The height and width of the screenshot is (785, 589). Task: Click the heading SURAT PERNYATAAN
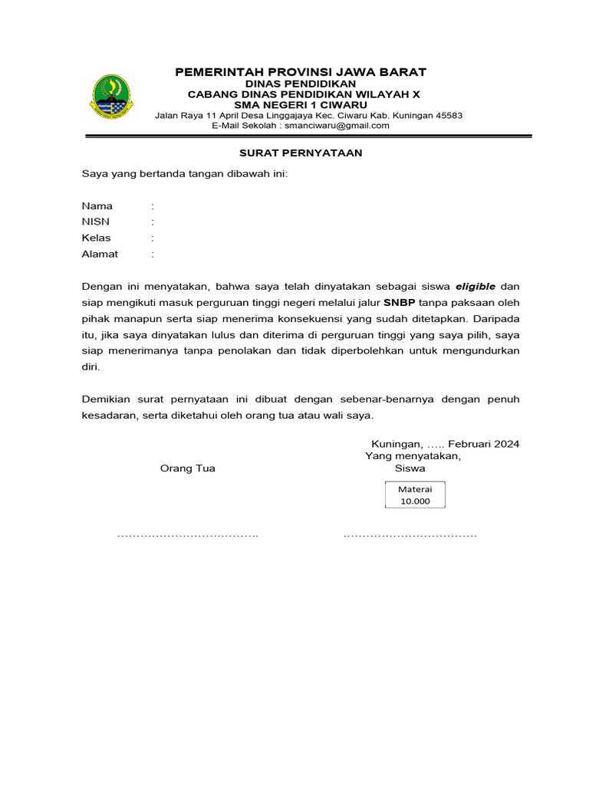coord(301,153)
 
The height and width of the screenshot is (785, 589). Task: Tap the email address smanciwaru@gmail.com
coord(337,126)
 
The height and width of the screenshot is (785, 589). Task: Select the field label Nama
coord(97,206)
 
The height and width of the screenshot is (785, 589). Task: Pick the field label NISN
coord(96,222)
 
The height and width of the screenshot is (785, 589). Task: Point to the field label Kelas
coord(97,238)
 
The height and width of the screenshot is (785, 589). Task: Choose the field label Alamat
coord(100,255)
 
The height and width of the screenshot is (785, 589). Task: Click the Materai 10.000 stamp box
coord(415,495)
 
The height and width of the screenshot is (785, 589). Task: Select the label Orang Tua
coord(187,468)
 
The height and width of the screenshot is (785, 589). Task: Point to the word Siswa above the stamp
coord(410,468)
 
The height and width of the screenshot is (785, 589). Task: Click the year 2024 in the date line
coord(506,444)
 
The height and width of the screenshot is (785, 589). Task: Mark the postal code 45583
coord(446,116)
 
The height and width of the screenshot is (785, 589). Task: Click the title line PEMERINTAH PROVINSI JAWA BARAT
coord(301,72)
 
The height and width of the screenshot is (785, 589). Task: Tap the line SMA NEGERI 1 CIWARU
coord(301,105)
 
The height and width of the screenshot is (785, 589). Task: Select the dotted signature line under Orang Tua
coord(187,534)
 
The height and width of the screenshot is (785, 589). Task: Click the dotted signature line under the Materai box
coord(410,534)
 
